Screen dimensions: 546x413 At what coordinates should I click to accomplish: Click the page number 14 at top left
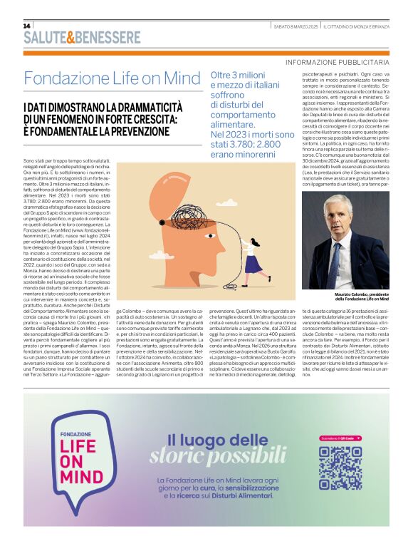click(27, 26)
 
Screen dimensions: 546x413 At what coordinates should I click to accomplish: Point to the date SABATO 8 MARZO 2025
click(296, 26)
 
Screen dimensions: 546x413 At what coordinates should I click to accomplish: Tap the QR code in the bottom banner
click(340, 467)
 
